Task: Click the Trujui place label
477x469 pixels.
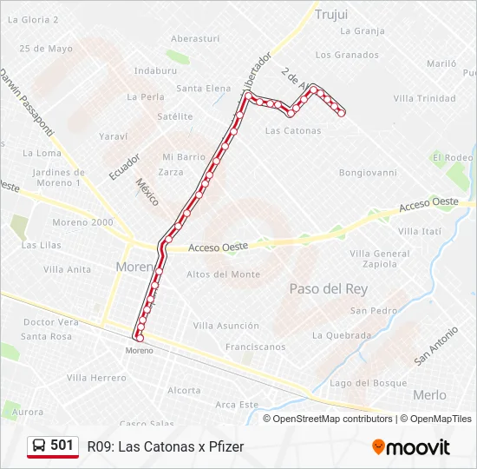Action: coord(331,14)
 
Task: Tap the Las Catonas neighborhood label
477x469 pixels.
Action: coord(292,131)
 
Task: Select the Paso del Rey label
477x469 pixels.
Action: coord(328,288)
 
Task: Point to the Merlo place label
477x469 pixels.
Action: coord(429,394)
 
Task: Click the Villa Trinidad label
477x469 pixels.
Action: coord(424,99)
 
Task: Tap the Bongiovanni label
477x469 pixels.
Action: coord(368,173)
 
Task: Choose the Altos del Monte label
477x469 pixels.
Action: coord(223,274)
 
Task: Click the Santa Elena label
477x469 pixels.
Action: coord(204,89)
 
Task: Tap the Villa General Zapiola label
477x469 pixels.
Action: coord(380,258)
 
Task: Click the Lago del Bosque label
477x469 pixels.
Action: coord(368,383)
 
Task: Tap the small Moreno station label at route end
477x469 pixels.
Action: coord(139,350)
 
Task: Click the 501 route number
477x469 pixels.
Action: coord(62,446)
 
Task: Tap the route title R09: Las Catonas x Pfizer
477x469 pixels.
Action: coord(166,446)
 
